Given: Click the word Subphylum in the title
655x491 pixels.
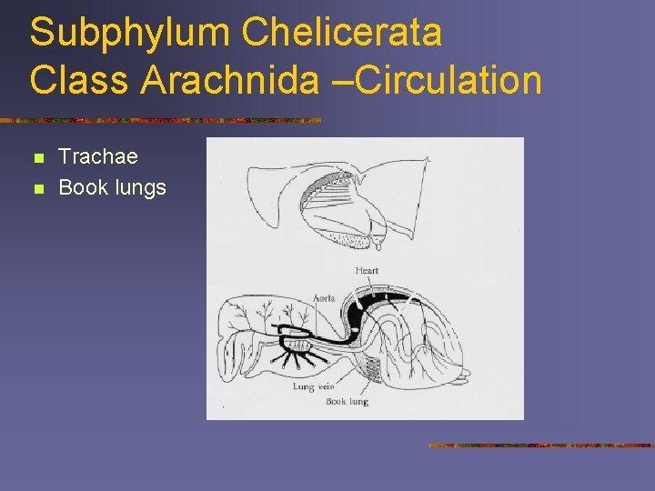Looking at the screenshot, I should point(127,33).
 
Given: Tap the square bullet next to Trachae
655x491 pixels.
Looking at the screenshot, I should point(36,159).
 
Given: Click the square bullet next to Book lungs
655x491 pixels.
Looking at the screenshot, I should point(36,190).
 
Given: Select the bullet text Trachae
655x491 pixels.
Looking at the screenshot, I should point(98,157).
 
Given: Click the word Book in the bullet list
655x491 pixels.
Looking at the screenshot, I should point(82,188).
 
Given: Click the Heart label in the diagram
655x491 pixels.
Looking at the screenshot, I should point(368,270).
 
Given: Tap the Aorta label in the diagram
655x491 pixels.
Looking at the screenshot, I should point(324,297).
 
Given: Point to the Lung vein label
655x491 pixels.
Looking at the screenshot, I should point(314,386).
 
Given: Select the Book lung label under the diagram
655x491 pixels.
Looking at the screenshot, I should point(347,401).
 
